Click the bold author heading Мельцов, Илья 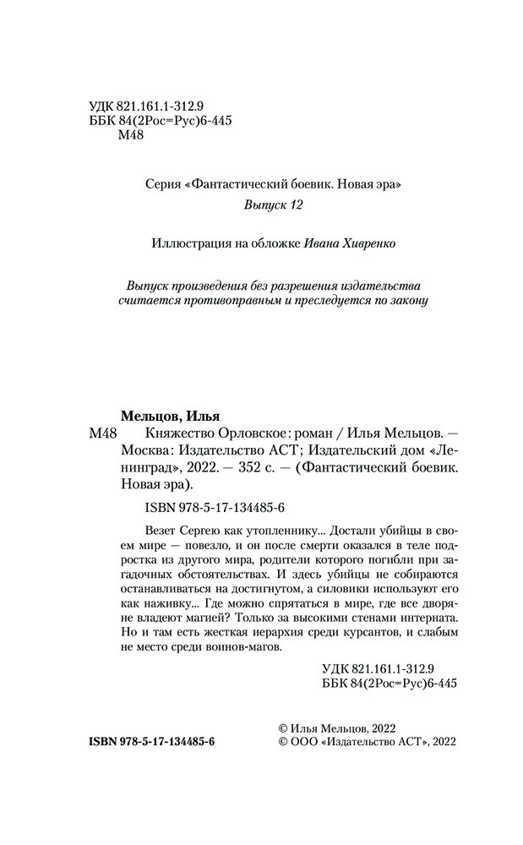(x=159, y=415)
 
